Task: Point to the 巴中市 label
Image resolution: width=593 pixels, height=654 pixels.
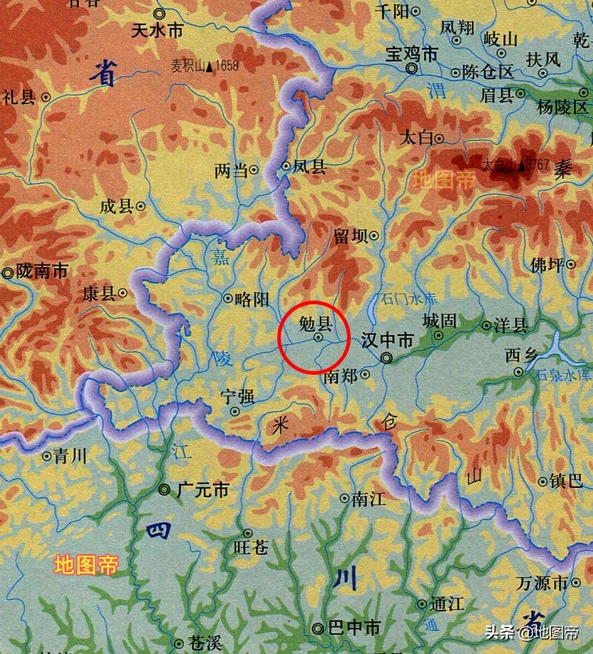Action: click(x=354, y=628)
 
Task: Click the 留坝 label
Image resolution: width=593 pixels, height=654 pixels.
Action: click(x=350, y=236)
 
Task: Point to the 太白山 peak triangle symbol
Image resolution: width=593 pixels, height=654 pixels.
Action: click(x=522, y=165)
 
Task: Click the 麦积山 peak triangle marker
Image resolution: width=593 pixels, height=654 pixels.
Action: click(x=209, y=68)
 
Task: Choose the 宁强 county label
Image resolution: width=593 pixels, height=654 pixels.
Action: click(x=237, y=396)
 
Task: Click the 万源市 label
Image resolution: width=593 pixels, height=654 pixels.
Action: click(x=542, y=583)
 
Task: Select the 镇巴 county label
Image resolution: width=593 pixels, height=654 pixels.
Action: click(x=566, y=481)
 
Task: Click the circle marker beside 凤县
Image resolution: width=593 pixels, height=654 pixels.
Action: click(x=286, y=167)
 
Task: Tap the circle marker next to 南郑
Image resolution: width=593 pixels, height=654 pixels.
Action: click(x=366, y=373)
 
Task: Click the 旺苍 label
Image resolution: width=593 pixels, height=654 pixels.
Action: click(x=251, y=547)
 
